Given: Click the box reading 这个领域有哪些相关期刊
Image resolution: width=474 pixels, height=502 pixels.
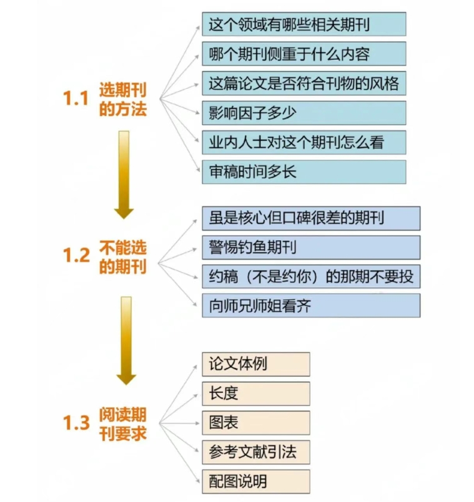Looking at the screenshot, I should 304,24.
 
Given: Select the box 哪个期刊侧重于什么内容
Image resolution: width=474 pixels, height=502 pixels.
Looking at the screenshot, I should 304,54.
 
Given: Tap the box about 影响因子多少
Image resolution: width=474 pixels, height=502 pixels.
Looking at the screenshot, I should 304,113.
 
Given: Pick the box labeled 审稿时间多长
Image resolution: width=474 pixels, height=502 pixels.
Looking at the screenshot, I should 304,171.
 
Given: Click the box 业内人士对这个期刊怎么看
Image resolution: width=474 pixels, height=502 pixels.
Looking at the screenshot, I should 304,142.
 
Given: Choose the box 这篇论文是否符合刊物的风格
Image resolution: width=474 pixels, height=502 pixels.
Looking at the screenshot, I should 304,84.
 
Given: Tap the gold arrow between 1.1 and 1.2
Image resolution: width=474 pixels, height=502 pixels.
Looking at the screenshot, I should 124,174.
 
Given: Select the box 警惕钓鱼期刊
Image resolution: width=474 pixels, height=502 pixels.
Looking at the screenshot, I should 311,248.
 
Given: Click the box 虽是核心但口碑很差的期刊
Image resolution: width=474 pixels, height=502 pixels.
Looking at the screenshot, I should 311,218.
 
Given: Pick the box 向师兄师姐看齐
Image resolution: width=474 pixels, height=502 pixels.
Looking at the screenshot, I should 311,306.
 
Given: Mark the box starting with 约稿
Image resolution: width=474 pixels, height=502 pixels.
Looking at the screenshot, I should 311,276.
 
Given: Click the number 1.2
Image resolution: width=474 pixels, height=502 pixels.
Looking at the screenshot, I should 76,256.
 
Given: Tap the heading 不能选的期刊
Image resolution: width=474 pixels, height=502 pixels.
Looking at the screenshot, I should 122,256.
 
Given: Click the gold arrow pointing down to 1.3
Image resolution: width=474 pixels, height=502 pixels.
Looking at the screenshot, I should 126,340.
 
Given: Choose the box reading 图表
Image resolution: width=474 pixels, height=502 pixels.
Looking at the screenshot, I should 256,423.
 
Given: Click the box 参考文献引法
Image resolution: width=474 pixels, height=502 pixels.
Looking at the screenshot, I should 256,452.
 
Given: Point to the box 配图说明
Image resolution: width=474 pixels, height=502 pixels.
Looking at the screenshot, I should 256,481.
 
